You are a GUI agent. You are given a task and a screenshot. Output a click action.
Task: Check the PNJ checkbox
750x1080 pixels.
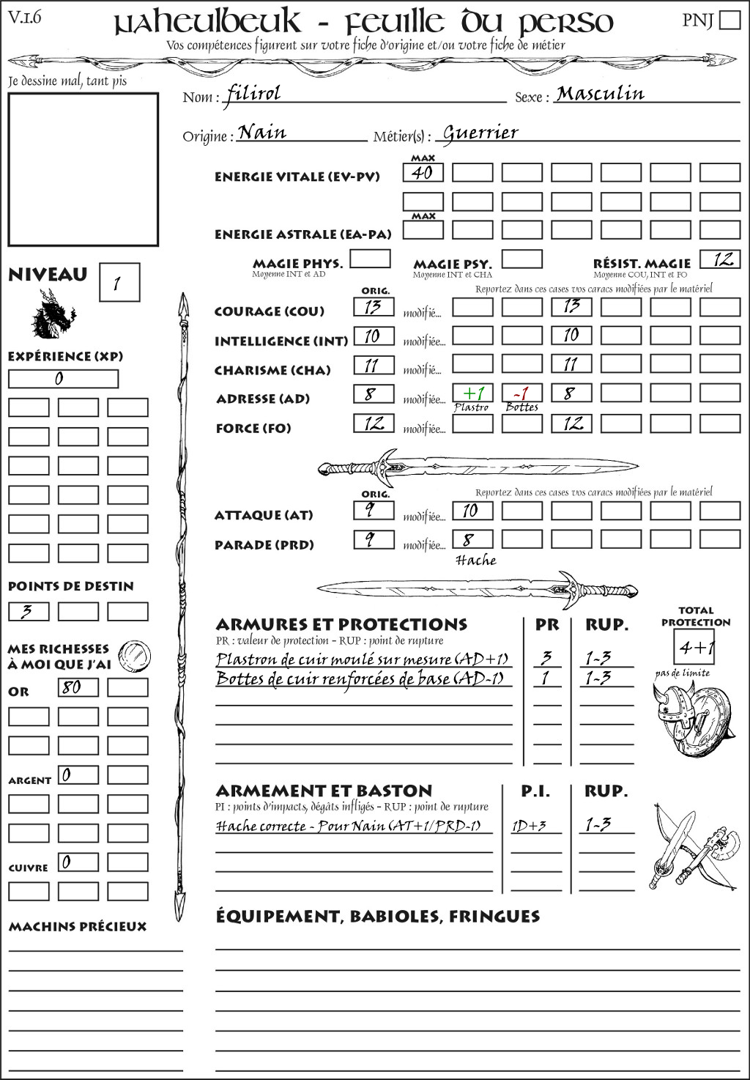coord(729,20)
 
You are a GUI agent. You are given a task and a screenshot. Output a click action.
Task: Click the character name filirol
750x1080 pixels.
coord(253,94)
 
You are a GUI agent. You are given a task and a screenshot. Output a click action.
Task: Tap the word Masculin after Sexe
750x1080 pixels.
coord(600,94)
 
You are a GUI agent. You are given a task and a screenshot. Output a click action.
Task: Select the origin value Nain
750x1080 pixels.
coord(262,133)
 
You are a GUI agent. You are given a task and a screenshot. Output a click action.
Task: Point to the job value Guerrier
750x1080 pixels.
coord(481,133)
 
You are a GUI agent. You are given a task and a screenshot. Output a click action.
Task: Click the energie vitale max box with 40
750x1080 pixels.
coord(423,173)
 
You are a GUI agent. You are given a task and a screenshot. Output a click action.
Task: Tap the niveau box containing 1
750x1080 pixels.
coord(119,283)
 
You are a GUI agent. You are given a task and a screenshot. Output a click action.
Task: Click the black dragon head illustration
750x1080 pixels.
coord(52,314)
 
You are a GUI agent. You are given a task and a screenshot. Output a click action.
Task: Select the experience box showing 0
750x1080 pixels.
coord(63,379)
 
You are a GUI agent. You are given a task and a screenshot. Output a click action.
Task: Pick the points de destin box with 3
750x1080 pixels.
coord(29,611)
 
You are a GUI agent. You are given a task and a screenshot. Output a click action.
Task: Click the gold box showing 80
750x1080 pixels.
coord(78,687)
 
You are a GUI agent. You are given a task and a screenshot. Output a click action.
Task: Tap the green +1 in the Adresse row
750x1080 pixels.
coord(472,393)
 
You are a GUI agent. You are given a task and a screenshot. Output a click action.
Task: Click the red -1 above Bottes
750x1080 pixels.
coord(521,393)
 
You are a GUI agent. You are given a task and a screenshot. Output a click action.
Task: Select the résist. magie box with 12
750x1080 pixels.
coord(720,259)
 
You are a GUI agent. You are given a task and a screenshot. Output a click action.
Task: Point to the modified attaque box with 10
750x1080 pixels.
coord(472,511)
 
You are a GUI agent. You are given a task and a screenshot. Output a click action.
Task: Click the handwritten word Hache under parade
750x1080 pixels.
coord(476,561)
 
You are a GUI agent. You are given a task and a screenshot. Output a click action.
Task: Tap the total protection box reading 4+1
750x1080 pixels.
coord(694,647)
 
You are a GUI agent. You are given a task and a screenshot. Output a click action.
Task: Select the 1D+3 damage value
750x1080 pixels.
coord(530,826)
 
